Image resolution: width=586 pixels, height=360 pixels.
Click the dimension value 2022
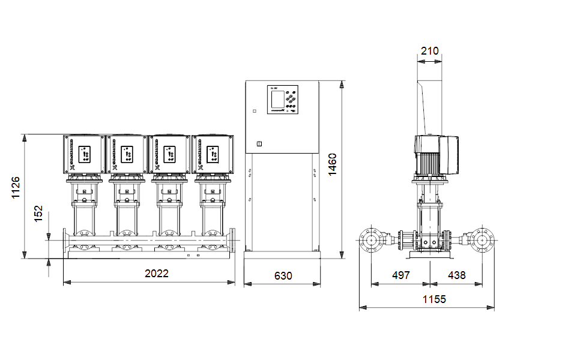[157, 273]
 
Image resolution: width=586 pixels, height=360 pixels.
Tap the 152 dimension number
[38, 214]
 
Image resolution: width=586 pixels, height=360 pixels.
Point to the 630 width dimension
[283, 276]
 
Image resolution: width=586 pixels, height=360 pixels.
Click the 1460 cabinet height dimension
[333, 164]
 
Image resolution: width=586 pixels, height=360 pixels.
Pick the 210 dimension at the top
[429, 51]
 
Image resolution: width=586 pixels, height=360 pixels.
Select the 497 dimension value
[400, 275]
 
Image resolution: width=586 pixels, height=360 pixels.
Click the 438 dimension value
[456, 275]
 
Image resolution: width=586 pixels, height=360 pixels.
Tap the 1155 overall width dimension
[434, 299]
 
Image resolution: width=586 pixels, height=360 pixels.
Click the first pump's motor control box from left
[84, 154]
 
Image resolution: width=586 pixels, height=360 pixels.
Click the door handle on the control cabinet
[259, 143]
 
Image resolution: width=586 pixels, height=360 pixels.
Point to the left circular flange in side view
[371, 240]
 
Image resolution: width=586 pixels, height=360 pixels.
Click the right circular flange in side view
[482, 240]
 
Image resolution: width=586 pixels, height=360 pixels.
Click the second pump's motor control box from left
[127, 154]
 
